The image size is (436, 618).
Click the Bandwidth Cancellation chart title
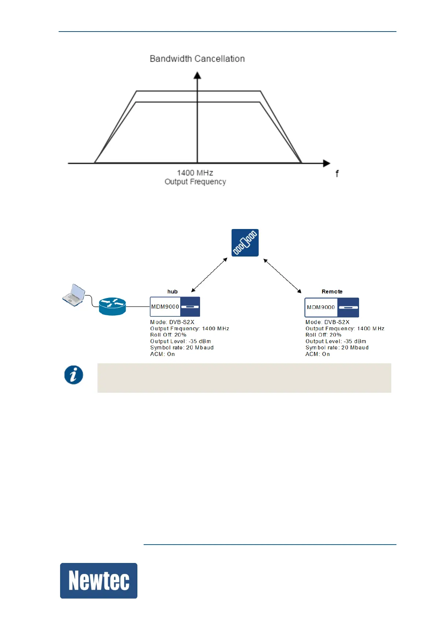pyautogui.click(x=197, y=59)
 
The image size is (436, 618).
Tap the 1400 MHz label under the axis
pyautogui.click(x=195, y=173)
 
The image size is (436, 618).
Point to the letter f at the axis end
pyautogui.click(x=337, y=174)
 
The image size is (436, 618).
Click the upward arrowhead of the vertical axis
pyautogui.click(x=197, y=75)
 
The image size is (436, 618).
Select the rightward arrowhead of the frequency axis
pyautogui.click(x=326, y=163)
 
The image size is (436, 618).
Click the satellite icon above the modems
pyautogui.click(x=245, y=243)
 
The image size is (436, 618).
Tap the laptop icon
pyautogui.click(x=74, y=295)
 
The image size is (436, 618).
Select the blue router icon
pyautogui.click(x=112, y=306)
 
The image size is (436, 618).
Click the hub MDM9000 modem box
pyautogui.click(x=175, y=307)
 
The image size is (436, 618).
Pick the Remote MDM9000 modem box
pyautogui.click(x=332, y=308)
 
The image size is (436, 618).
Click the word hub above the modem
pyautogui.click(x=173, y=292)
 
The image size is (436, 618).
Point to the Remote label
pyautogui.click(x=332, y=292)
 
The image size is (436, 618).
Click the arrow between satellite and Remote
pyautogui.click(x=282, y=276)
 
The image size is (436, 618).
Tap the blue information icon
pyautogui.click(x=74, y=375)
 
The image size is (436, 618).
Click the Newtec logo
pyautogui.click(x=99, y=581)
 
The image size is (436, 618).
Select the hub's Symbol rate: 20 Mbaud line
pyautogui.click(x=182, y=348)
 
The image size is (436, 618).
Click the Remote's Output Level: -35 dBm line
pyautogui.click(x=336, y=341)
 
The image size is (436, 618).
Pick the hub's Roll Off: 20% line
pyautogui.click(x=168, y=335)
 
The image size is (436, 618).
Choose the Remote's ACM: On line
pyautogui.click(x=318, y=354)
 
